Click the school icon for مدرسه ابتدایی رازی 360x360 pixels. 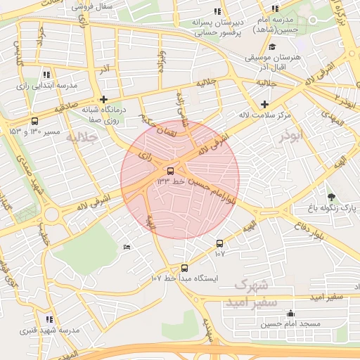[x=46, y=74]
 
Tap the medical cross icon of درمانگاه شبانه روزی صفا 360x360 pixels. [x=104, y=99]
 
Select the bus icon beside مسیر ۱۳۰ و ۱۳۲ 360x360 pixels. [x=35, y=121]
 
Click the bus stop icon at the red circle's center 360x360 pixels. [x=171, y=171]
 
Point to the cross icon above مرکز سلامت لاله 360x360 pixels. [x=264, y=104]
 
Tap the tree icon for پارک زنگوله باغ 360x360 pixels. [x=331, y=196]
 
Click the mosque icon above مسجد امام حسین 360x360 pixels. [x=290, y=314]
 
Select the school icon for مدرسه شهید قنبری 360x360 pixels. [x=49, y=319]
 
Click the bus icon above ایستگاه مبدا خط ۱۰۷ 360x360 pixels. [x=185, y=268]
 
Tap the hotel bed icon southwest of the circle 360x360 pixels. [x=127, y=247]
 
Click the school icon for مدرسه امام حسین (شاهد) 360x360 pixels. [x=275, y=9]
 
